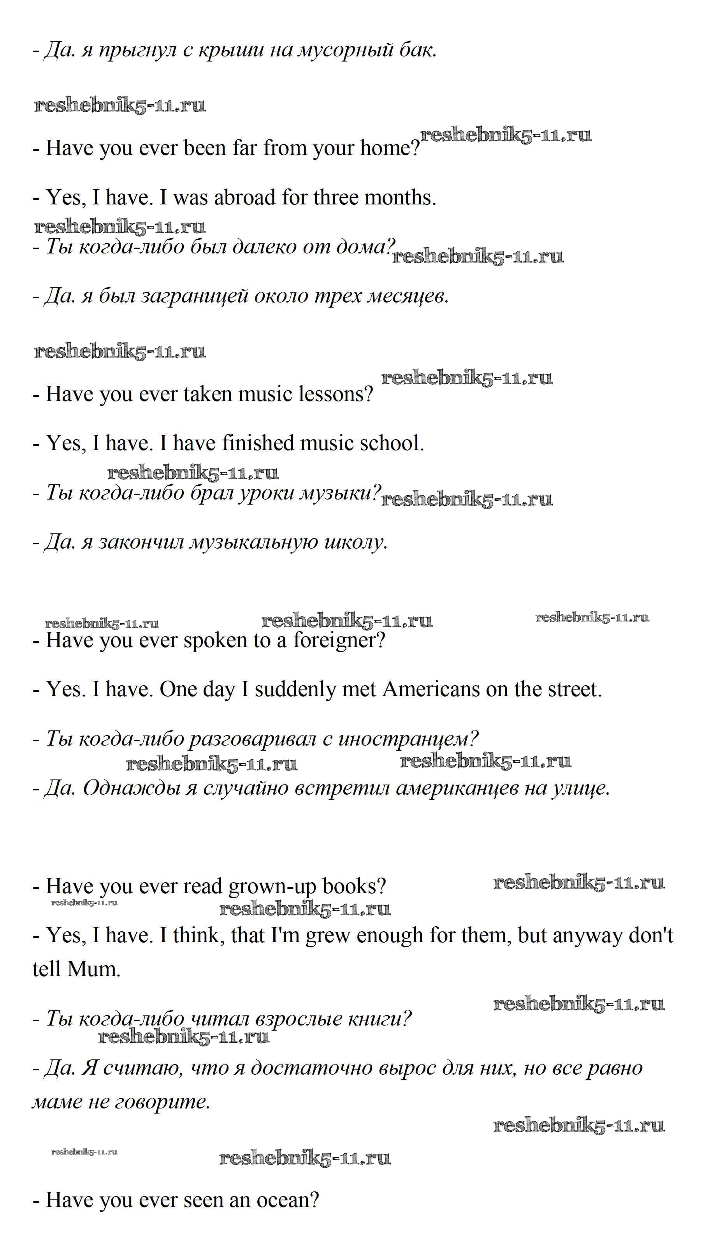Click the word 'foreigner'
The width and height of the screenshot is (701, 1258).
click(338, 640)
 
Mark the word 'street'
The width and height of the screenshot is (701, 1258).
click(575, 689)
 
